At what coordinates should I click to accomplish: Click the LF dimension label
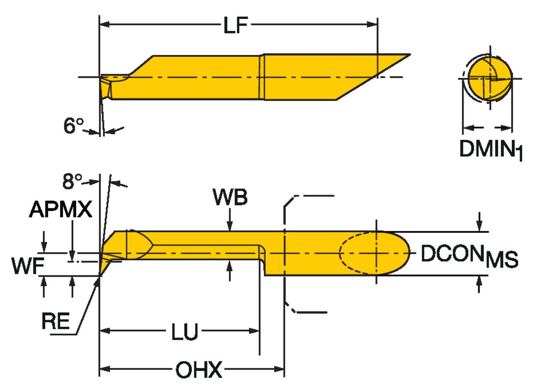[x=235, y=26]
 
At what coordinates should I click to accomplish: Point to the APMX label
[x=60, y=209]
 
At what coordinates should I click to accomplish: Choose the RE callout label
[x=55, y=321]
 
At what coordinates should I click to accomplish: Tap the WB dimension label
[x=230, y=197]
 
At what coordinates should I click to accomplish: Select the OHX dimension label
[x=199, y=370]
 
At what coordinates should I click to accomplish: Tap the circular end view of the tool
[x=490, y=78]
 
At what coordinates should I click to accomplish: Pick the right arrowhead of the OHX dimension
[x=280, y=369]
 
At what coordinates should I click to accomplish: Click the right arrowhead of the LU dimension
[x=255, y=331]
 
